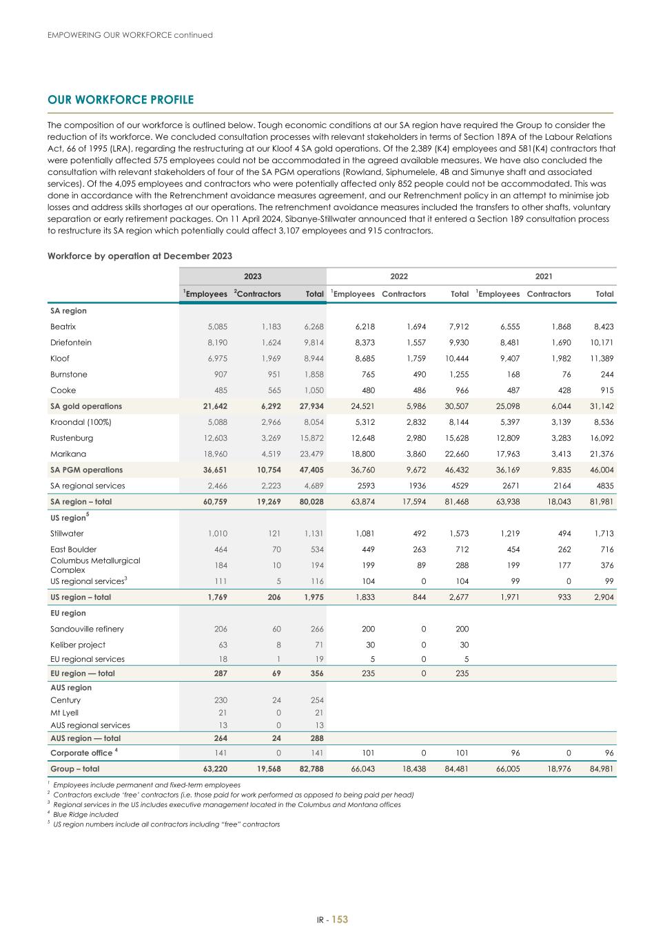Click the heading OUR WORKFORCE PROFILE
[121, 100]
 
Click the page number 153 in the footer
[340, 919]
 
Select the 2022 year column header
[399, 276]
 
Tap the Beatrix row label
[63, 326]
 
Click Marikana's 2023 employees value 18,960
[214, 454]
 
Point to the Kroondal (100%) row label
[81, 422]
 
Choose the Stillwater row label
[67, 533]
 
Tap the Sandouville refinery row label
[87, 629]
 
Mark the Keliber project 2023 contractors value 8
[278, 645]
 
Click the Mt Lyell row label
[64, 713]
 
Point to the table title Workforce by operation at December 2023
[140, 255]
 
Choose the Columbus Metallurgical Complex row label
[95, 565]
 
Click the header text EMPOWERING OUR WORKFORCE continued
[130, 35]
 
